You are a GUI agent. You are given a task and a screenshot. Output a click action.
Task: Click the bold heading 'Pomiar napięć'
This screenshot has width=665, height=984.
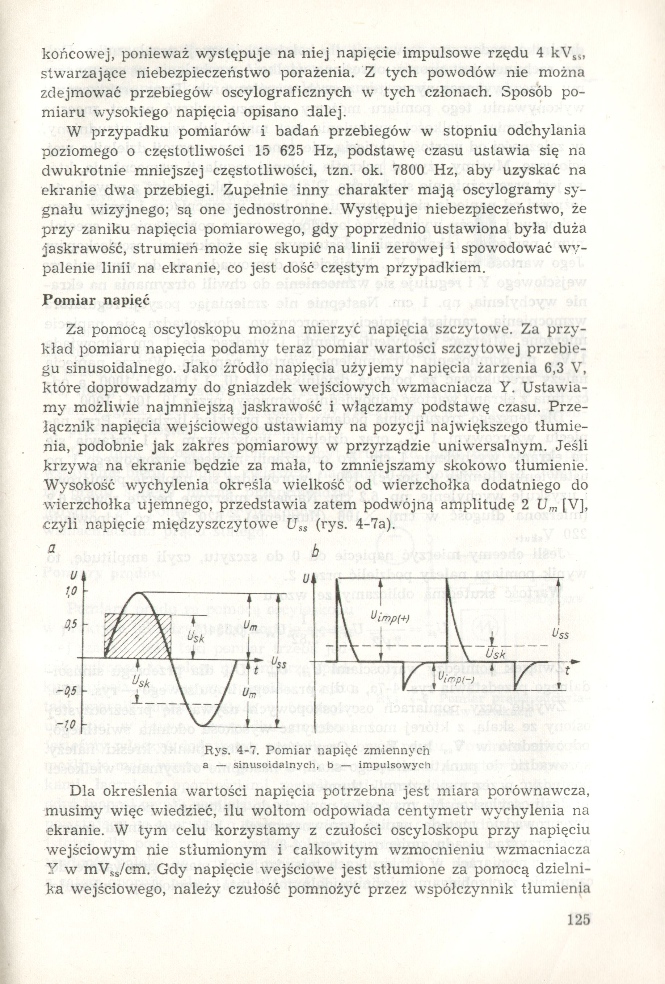[x=94, y=298]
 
